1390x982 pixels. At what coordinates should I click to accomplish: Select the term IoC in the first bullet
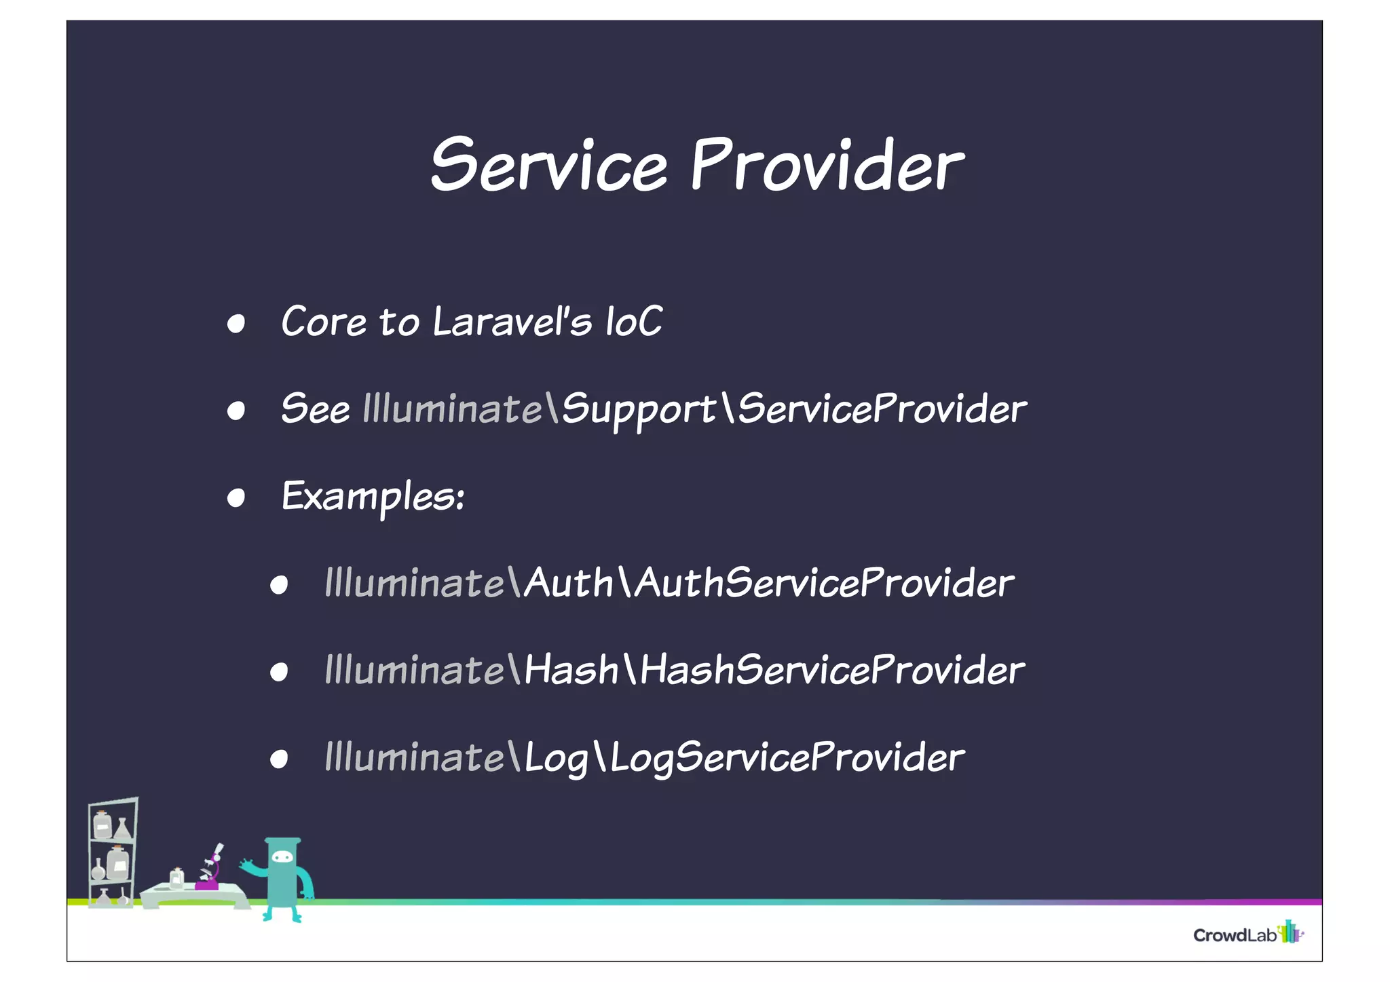[634, 322]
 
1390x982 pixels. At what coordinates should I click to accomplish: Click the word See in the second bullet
[315, 409]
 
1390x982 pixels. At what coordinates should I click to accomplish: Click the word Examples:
[373, 497]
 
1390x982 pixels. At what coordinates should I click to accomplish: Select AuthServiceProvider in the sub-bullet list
[824, 584]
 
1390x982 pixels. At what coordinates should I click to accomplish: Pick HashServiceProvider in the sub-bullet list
[832, 671]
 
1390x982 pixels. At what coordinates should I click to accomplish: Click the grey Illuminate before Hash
[414, 671]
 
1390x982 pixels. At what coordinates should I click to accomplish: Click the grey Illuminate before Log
[414, 757]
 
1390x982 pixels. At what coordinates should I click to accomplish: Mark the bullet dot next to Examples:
[236, 498]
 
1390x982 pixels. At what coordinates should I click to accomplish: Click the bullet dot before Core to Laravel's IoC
[236, 324]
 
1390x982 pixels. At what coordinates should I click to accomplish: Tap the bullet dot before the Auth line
[279, 585]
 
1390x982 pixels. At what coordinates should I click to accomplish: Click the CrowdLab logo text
[1235, 936]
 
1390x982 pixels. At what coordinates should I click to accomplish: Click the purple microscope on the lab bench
[210, 871]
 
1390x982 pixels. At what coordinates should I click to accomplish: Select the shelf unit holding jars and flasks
[113, 852]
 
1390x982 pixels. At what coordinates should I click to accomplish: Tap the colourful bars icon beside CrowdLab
[1290, 932]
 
